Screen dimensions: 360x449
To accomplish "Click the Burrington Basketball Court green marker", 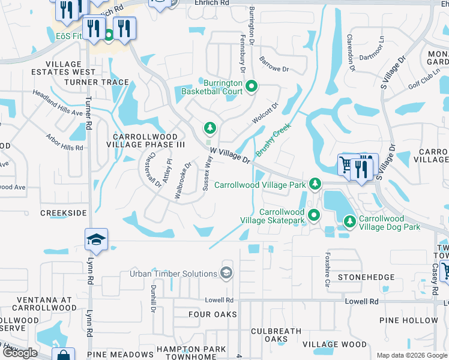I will click(x=251, y=88).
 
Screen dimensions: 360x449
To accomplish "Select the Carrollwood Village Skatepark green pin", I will click(x=313, y=215).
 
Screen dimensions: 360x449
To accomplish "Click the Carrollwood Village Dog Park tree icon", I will click(x=350, y=222).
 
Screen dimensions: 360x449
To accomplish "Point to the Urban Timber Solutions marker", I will click(x=226, y=274).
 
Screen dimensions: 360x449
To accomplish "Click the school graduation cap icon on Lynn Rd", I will click(x=96, y=239).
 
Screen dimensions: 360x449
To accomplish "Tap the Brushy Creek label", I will click(x=274, y=140).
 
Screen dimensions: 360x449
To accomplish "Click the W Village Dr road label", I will click(x=230, y=157).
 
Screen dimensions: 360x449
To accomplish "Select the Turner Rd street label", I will click(x=88, y=114).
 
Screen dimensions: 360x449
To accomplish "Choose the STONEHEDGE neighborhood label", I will click(x=366, y=277).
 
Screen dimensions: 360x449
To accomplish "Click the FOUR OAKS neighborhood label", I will click(x=212, y=314).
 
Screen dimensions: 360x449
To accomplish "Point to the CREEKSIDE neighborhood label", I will click(x=64, y=213).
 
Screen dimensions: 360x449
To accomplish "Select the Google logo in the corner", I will click(x=20, y=353).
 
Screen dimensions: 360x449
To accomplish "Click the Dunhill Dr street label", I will click(x=154, y=298).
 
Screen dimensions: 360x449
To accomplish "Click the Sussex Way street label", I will click(x=207, y=172).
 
